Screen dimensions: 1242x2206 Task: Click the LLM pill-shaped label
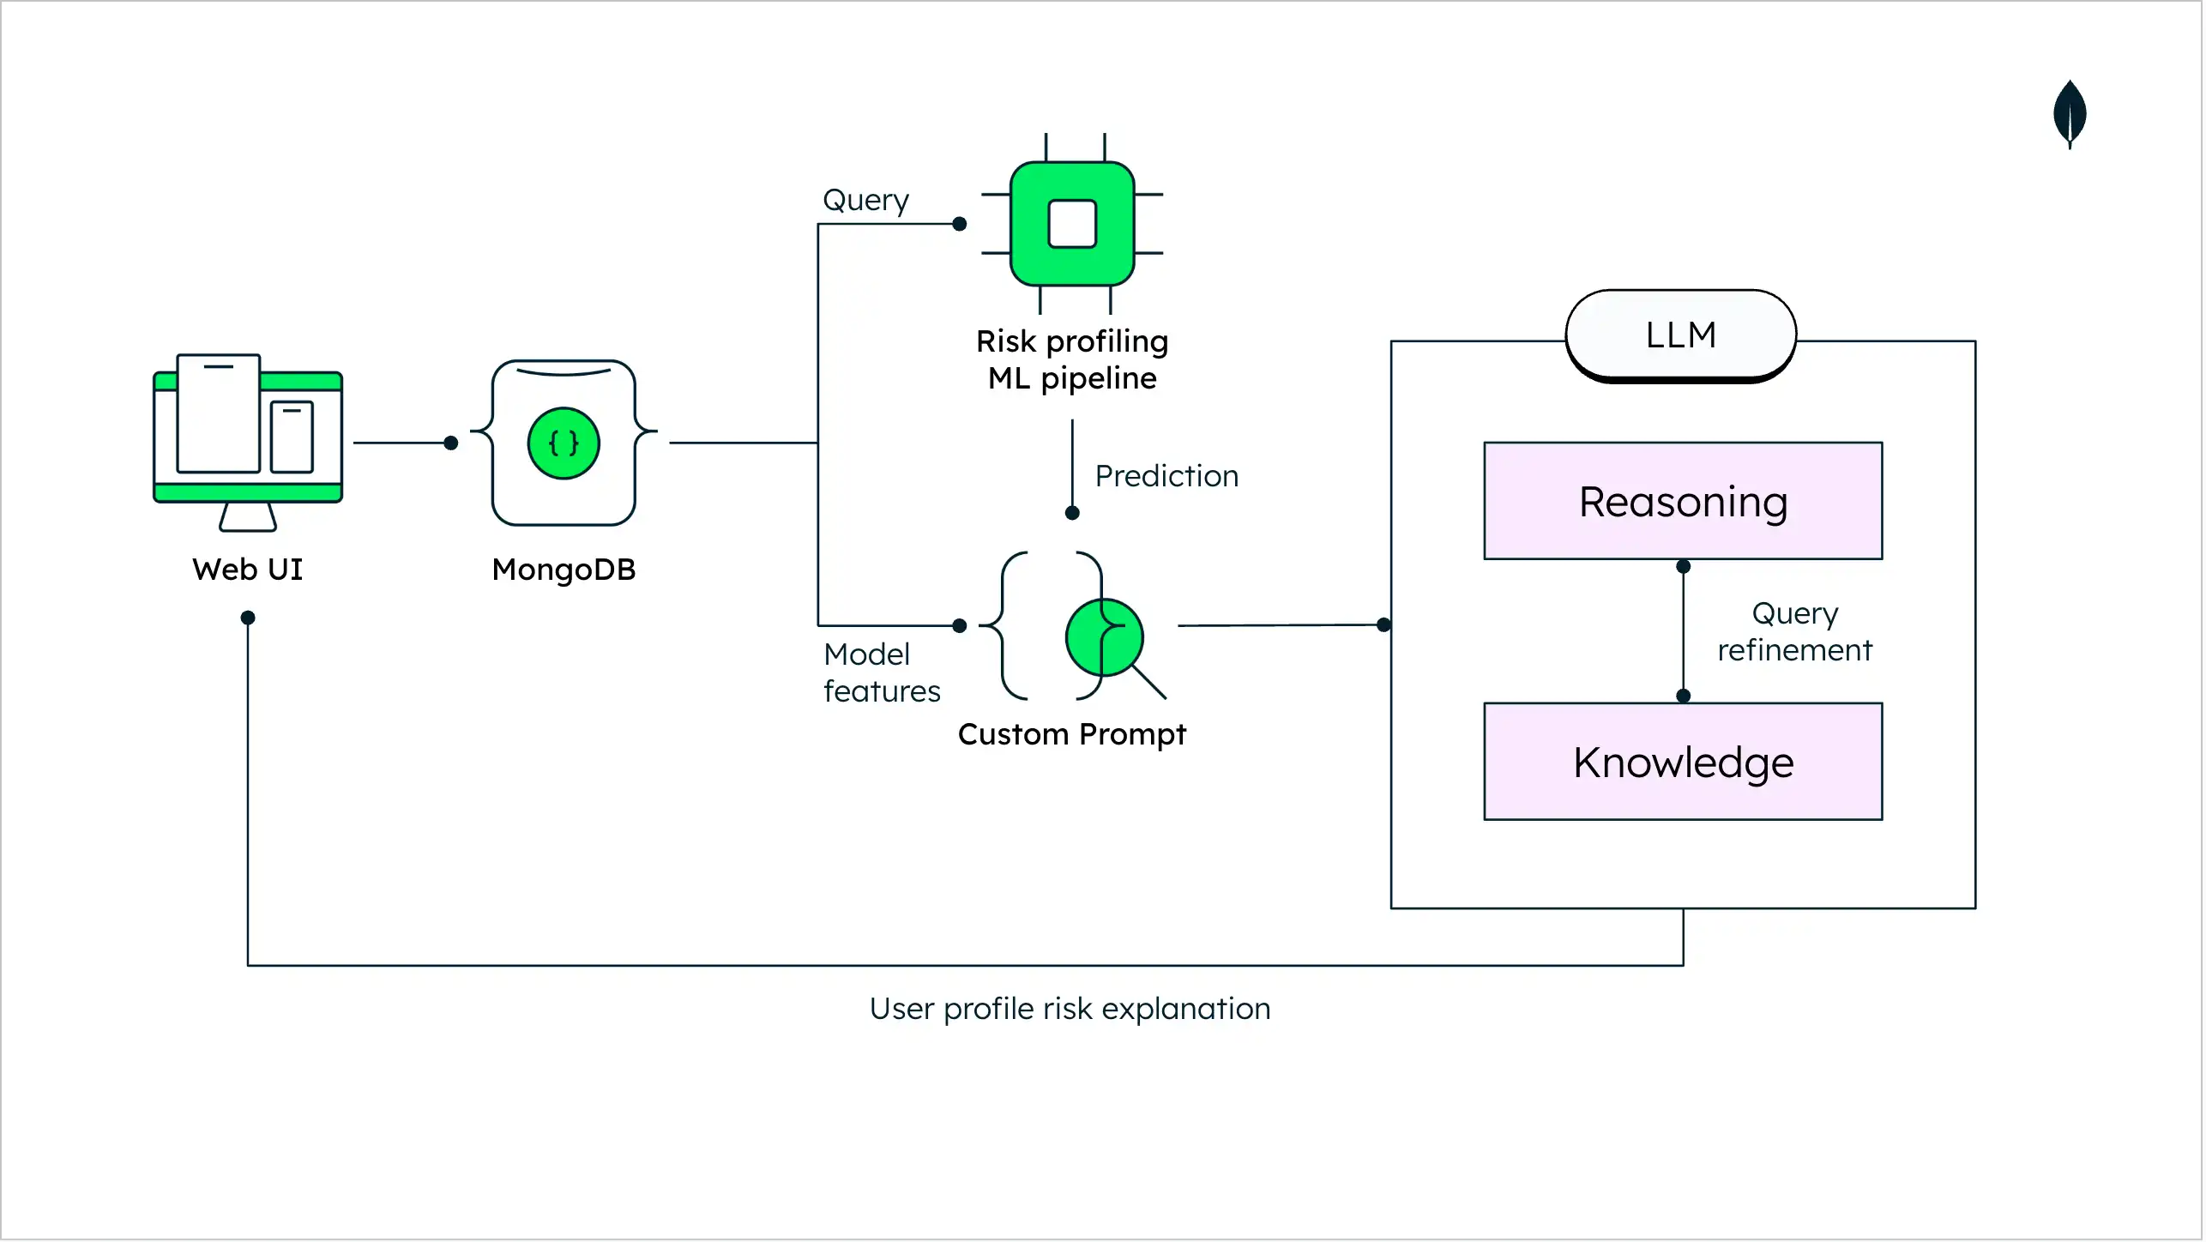1681,335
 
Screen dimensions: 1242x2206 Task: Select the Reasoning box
1683,502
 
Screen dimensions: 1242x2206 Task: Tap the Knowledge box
1683,762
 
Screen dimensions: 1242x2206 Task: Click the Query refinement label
1794,631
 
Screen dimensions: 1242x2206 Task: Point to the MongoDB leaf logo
2070,113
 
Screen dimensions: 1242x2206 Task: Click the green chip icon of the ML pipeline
1072,224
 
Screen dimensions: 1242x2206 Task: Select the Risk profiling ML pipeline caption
1072,359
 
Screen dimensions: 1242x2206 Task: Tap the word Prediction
1166,476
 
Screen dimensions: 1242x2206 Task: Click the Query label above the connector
865,200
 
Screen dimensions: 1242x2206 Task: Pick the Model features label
881,672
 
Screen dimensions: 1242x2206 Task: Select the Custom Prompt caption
1071,734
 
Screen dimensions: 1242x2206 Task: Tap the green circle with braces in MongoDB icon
564,443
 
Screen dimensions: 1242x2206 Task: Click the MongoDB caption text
564,570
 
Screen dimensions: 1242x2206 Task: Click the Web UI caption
247,570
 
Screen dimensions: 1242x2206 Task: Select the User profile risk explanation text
1070,1009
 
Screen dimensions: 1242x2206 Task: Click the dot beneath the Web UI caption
248,618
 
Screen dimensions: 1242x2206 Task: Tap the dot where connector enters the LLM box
1383,625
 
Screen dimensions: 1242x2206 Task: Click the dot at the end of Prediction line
1072,513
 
